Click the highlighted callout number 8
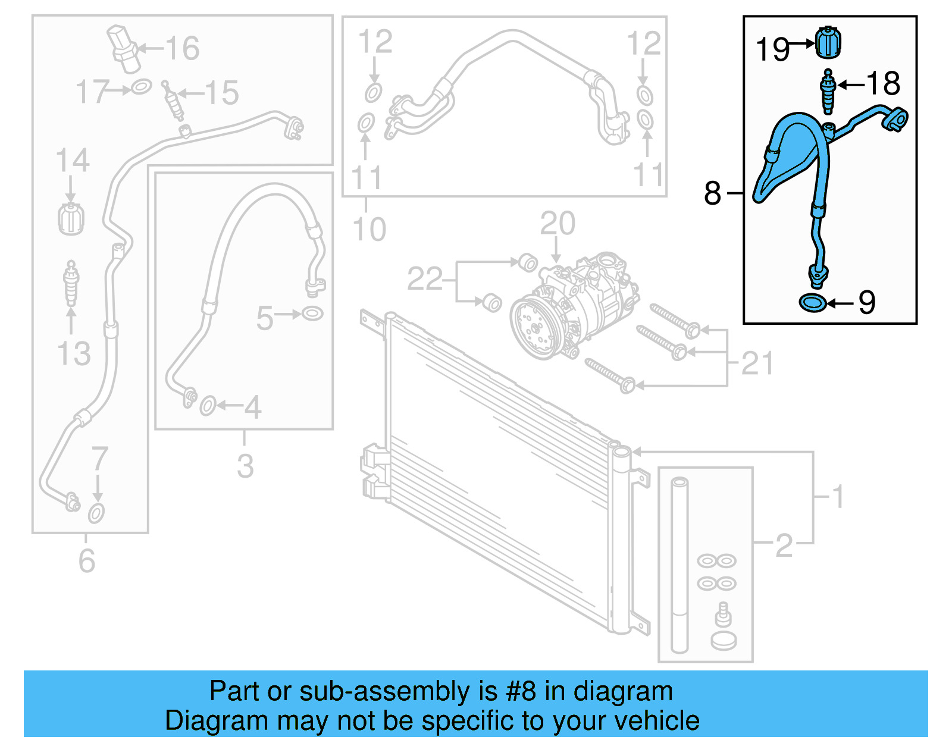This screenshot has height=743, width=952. [x=712, y=193]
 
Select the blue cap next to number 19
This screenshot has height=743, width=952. [x=828, y=42]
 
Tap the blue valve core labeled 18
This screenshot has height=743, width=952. [x=828, y=91]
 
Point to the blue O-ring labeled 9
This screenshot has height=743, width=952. [x=812, y=303]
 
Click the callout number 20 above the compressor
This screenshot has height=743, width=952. [x=558, y=224]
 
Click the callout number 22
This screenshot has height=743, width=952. [x=425, y=278]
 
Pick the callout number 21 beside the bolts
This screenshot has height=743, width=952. [x=757, y=363]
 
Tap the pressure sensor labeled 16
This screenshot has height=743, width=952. [x=124, y=48]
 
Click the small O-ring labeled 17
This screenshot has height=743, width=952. [x=141, y=87]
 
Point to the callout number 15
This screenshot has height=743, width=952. [x=221, y=93]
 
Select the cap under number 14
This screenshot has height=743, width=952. [x=71, y=220]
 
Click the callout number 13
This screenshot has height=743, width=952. [x=74, y=353]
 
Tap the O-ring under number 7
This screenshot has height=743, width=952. [x=96, y=513]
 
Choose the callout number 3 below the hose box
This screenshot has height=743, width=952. [x=245, y=466]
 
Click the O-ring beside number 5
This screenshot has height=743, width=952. [x=312, y=313]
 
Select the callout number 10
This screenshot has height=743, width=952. [x=369, y=229]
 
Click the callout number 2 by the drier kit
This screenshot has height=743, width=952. [x=784, y=544]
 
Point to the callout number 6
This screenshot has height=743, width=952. [x=87, y=560]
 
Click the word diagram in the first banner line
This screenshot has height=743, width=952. [x=623, y=691]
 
